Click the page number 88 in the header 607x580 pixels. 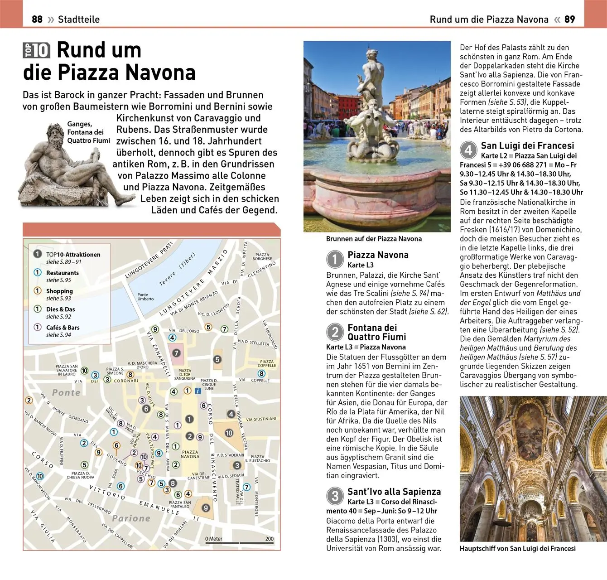(x=37, y=19)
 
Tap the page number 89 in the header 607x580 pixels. (x=569, y=19)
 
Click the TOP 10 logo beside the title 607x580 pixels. (x=36, y=50)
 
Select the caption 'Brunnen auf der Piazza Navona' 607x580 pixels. (x=374, y=239)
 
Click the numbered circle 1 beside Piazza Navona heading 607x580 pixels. (x=335, y=259)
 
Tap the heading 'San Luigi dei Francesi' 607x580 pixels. (x=527, y=145)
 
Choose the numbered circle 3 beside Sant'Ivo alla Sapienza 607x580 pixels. (x=335, y=496)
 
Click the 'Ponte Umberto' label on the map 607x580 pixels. (x=145, y=296)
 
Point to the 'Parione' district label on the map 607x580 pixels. (x=131, y=518)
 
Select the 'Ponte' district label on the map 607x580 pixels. (x=66, y=392)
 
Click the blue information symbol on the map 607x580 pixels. (x=198, y=391)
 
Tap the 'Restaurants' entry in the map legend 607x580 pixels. (x=62, y=273)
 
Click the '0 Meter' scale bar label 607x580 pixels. (x=214, y=539)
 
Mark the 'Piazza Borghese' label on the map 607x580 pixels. (x=262, y=256)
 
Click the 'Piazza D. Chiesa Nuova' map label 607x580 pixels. (x=80, y=475)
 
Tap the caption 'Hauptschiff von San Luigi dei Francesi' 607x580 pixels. (x=517, y=548)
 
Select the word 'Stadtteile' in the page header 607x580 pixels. (x=79, y=19)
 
